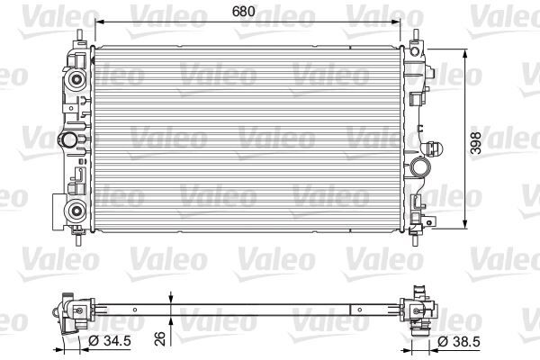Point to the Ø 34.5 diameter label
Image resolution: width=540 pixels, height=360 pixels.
[x=106, y=341]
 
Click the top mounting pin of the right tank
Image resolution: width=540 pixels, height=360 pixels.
[x=418, y=38]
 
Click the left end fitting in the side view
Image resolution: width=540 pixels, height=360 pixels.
[x=73, y=311]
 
